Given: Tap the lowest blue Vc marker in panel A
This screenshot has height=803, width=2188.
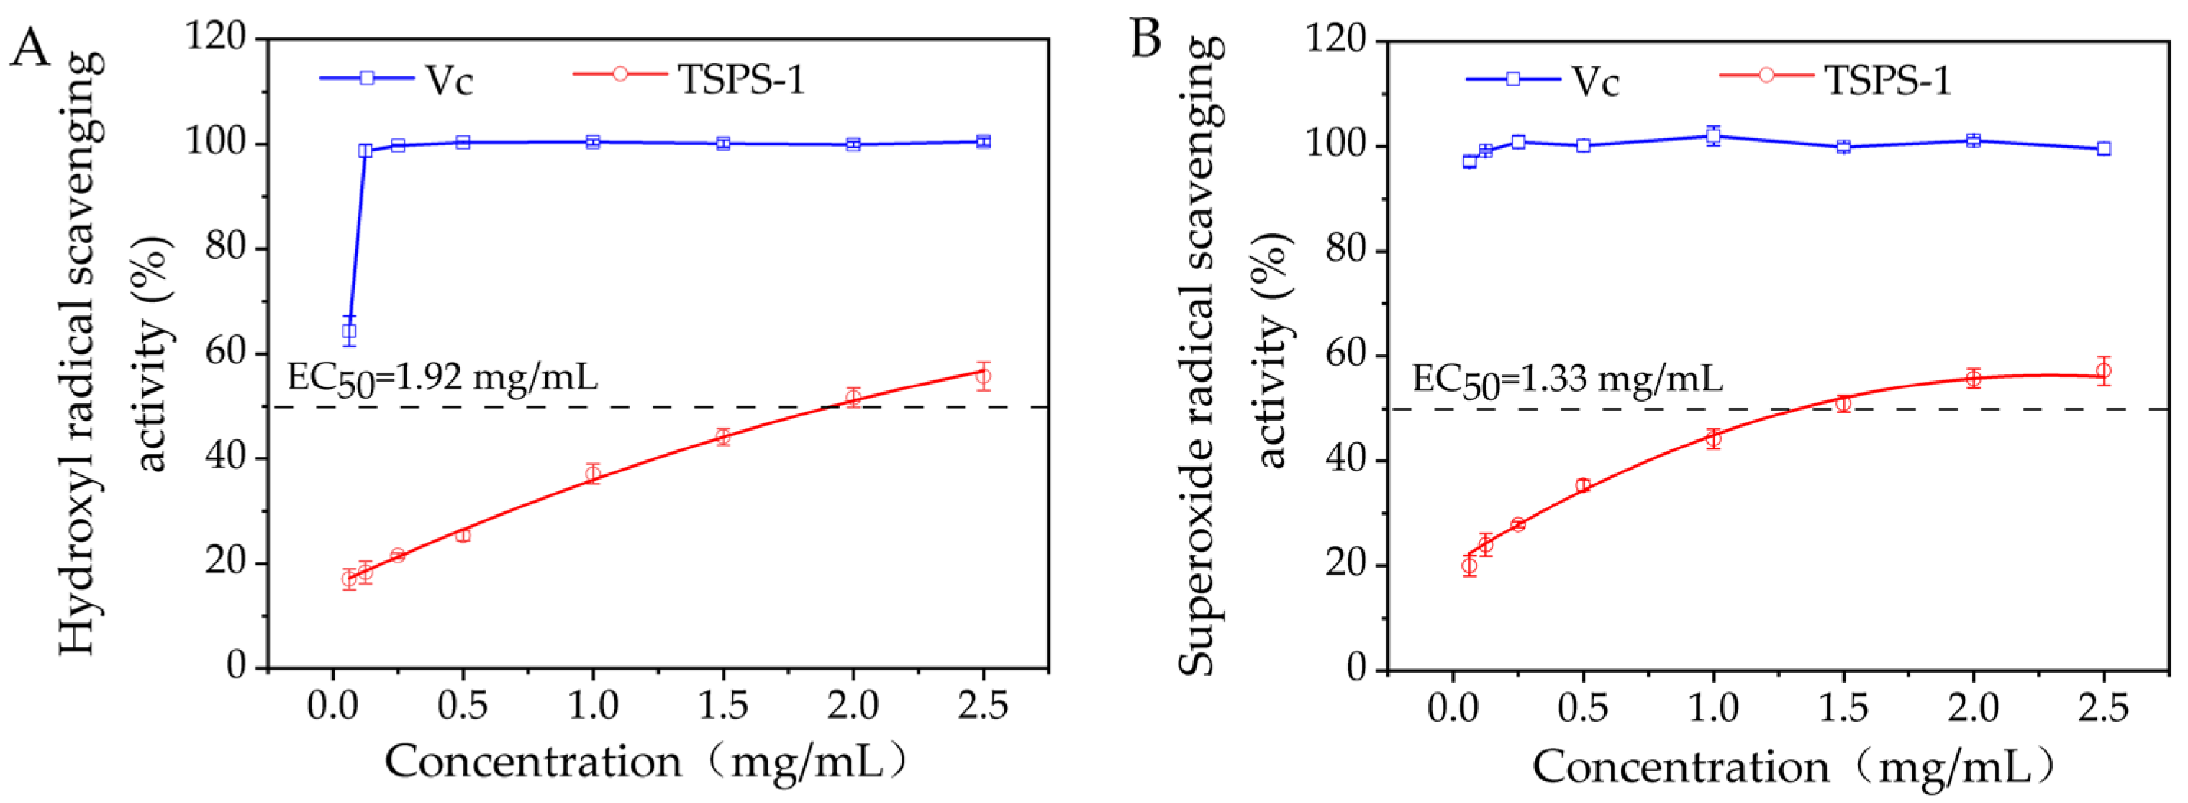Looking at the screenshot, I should pos(348,331).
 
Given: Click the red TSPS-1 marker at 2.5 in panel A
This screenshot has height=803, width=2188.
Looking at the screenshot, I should pos(983,376).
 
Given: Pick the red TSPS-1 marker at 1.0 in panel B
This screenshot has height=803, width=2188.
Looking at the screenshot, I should pos(1713,439).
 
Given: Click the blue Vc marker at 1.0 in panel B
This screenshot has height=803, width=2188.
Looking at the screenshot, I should pos(1713,136).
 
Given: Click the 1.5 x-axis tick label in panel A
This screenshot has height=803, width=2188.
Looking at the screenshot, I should pos(723,707).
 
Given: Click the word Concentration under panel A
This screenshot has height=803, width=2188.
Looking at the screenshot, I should pos(533,762).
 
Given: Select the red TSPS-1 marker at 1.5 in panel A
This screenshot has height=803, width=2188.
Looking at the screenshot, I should pos(723,436).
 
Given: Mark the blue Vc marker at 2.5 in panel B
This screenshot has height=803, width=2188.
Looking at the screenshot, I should pos(2103,148).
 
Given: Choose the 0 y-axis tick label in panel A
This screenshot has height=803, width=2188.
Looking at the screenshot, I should pos(237,667).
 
